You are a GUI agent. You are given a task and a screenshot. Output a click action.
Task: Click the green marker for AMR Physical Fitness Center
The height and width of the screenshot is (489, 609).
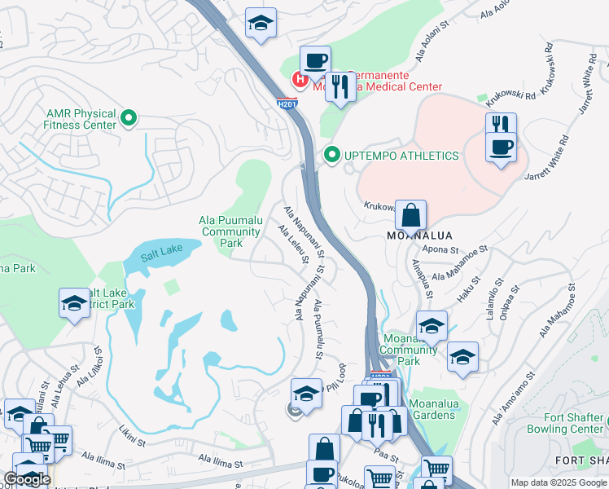[128, 119]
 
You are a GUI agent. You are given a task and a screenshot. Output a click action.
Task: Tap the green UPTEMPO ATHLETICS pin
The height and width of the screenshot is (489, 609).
[331, 155]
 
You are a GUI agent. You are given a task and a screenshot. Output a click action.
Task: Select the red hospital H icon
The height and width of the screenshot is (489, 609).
[300, 80]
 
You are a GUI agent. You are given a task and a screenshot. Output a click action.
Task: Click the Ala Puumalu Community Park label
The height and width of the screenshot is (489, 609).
[231, 231]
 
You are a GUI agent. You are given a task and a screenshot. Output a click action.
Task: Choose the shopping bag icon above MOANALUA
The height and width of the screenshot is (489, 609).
[412, 216]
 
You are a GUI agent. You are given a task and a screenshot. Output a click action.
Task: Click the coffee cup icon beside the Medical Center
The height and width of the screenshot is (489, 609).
[315, 60]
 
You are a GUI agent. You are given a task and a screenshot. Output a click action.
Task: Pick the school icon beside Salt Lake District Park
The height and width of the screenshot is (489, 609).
[75, 304]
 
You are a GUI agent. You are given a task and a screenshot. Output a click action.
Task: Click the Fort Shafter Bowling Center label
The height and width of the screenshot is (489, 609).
[573, 423]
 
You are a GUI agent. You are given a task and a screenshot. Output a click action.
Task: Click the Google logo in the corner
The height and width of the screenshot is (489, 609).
[27, 478]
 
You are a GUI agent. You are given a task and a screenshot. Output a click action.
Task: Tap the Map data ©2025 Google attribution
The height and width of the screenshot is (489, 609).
[558, 482]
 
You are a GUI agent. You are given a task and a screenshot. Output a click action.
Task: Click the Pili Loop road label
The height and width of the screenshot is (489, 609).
[338, 377]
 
